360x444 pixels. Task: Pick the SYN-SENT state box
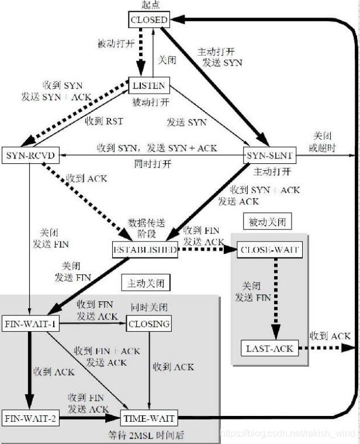click(x=269, y=156)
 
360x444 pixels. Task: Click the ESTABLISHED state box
click(x=144, y=250)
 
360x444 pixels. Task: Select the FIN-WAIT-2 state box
click(x=30, y=419)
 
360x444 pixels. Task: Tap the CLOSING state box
click(x=149, y=323)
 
